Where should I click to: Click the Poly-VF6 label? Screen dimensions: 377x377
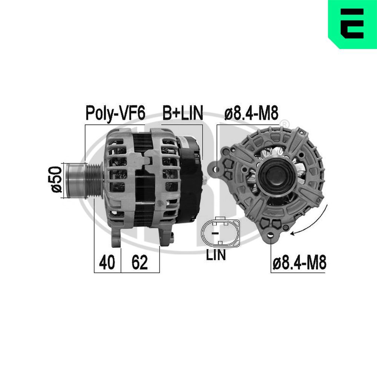115,113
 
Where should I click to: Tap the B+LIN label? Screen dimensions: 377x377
183,113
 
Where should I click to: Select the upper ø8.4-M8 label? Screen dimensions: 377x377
251,113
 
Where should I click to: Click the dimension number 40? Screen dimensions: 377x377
107,263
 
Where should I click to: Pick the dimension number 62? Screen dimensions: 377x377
139,263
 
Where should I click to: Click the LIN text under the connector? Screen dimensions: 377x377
216,255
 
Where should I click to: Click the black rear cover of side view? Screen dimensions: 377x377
190,181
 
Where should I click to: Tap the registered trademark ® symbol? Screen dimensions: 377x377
285,124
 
